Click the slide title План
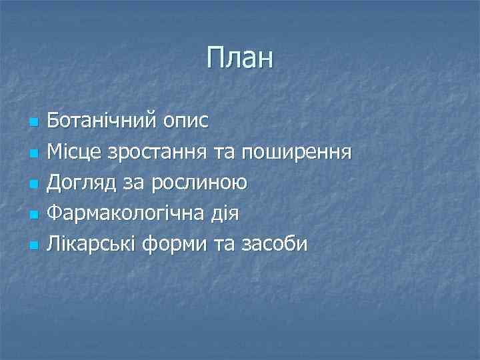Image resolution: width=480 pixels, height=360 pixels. click(x=240, y=58)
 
